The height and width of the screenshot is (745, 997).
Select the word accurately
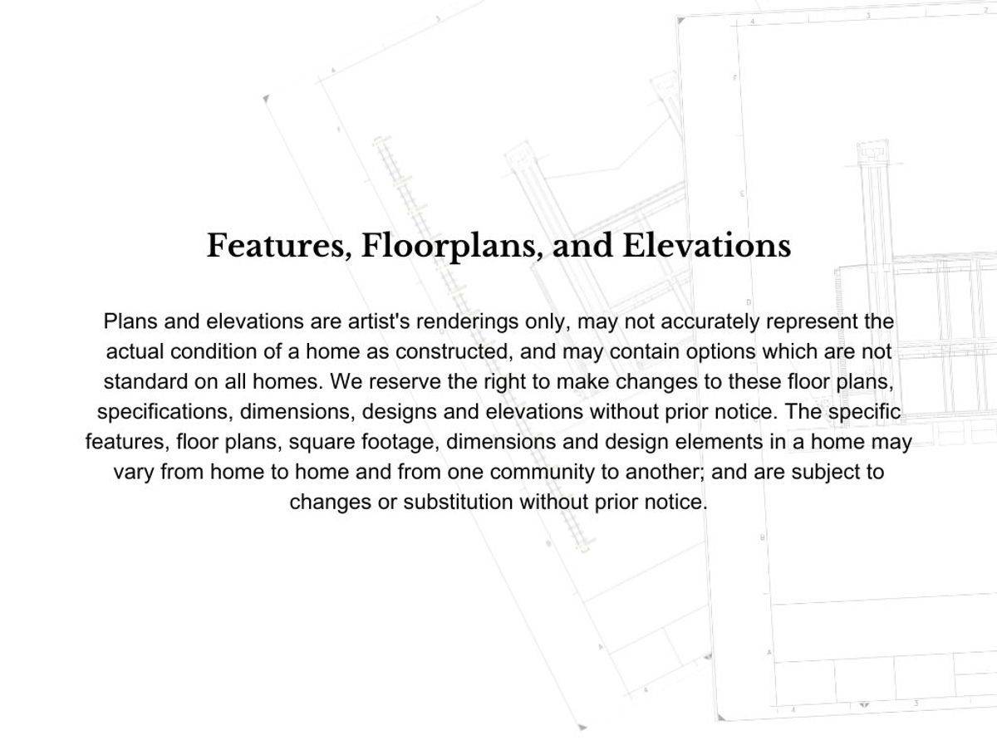click(709, 321)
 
